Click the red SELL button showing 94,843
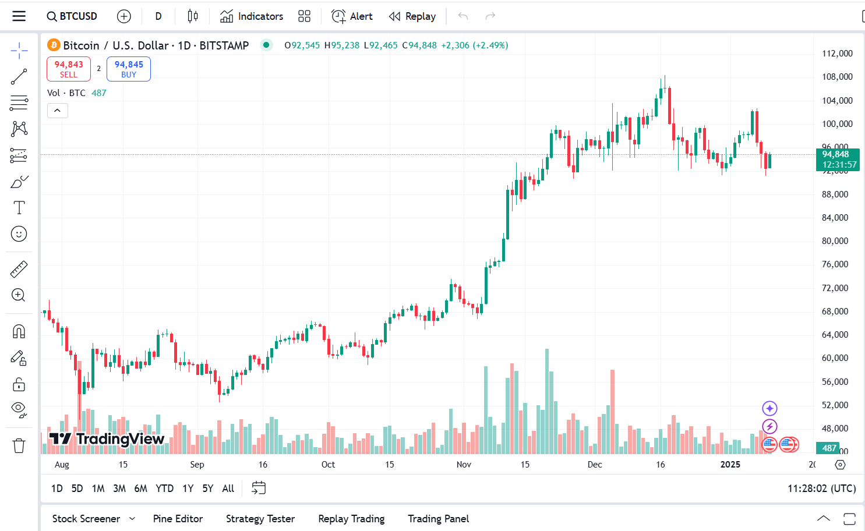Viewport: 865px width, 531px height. [69, 69]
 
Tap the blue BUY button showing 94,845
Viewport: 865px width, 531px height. [129, 69]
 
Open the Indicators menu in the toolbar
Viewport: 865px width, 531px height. [252, 16]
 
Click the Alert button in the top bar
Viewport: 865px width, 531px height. [352, 16]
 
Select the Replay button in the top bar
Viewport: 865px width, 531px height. [412, 16]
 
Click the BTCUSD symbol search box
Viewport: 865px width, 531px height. [72, 16]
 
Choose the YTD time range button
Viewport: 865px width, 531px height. [165, 488]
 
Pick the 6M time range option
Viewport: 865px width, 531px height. [140, 488]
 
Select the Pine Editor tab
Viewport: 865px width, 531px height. [178, 519]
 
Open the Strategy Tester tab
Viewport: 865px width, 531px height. [260, 519]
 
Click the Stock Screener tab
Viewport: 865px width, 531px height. [86, 519]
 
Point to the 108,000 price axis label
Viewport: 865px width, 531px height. [837, 77]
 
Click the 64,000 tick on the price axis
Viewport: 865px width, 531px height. [835, 335]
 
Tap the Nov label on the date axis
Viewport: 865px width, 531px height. [464, 465]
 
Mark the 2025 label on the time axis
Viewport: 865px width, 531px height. [730, 465]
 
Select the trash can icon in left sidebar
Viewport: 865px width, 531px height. [19, 446]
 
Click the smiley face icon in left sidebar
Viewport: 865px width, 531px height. [19, 234]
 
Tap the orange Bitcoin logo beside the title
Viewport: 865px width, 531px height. [54, 45]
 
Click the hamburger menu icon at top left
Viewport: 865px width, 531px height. [19, 16]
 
